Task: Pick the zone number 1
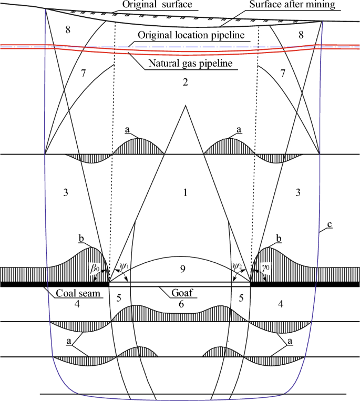coord(184,193)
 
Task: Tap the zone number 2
coord(184,82)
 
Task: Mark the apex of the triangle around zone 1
coord(184,106)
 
